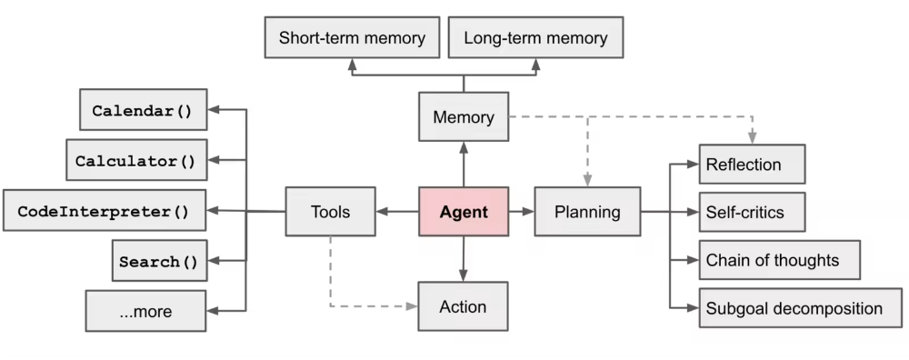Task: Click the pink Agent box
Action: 464,213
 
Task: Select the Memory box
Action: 464,117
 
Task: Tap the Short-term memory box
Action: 352,39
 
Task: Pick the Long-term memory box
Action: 535,39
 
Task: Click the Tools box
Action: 330,213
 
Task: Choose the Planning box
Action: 587,213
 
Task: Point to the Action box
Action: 464,306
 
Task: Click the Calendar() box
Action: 144,111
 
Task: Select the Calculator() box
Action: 135,161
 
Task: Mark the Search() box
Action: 158,262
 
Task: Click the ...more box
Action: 145,312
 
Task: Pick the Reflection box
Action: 752,165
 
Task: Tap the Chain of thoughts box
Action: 779,260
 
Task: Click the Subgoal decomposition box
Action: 801,308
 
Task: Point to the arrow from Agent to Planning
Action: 521,213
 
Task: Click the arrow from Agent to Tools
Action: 397,213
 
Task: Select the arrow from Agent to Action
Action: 464,260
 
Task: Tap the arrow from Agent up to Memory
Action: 464,165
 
